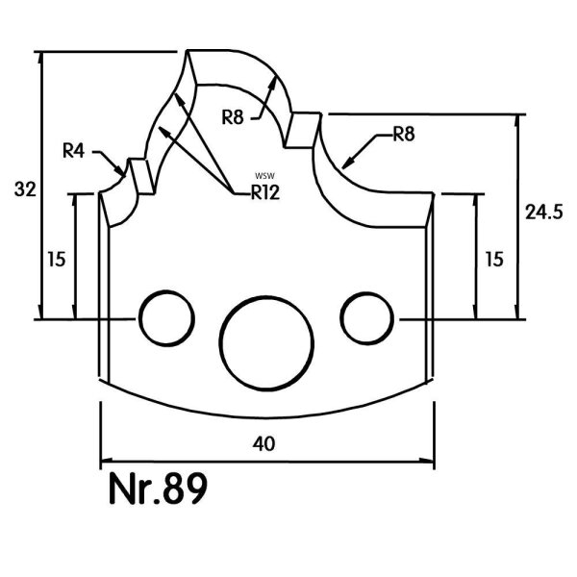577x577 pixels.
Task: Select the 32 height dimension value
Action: point(25,189)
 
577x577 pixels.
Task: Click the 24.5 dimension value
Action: point(543,213)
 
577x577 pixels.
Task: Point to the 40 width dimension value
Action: point(263,443)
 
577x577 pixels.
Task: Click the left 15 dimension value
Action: point(57,259)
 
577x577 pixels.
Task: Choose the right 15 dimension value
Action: point(494,259)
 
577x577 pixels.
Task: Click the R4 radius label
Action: point(74,151)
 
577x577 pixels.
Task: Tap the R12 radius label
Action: point(265,192)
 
